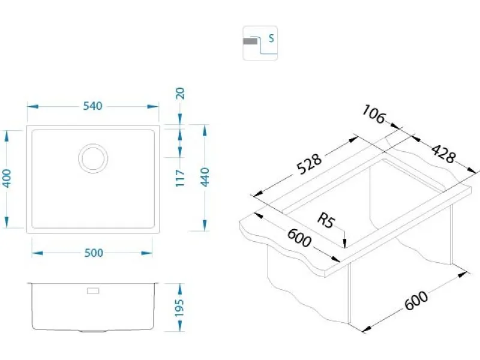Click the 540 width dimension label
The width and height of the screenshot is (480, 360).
coord(93,106)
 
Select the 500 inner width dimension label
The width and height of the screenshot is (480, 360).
coord(93,253)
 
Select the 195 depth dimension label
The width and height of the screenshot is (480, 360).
coord(181,307)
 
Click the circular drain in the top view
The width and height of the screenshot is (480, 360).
coord(93,158)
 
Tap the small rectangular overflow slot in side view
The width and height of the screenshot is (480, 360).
coord(94,291)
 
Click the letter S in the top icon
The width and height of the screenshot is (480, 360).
coord(271,39)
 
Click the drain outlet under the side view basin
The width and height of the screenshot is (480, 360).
coord(93,331)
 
